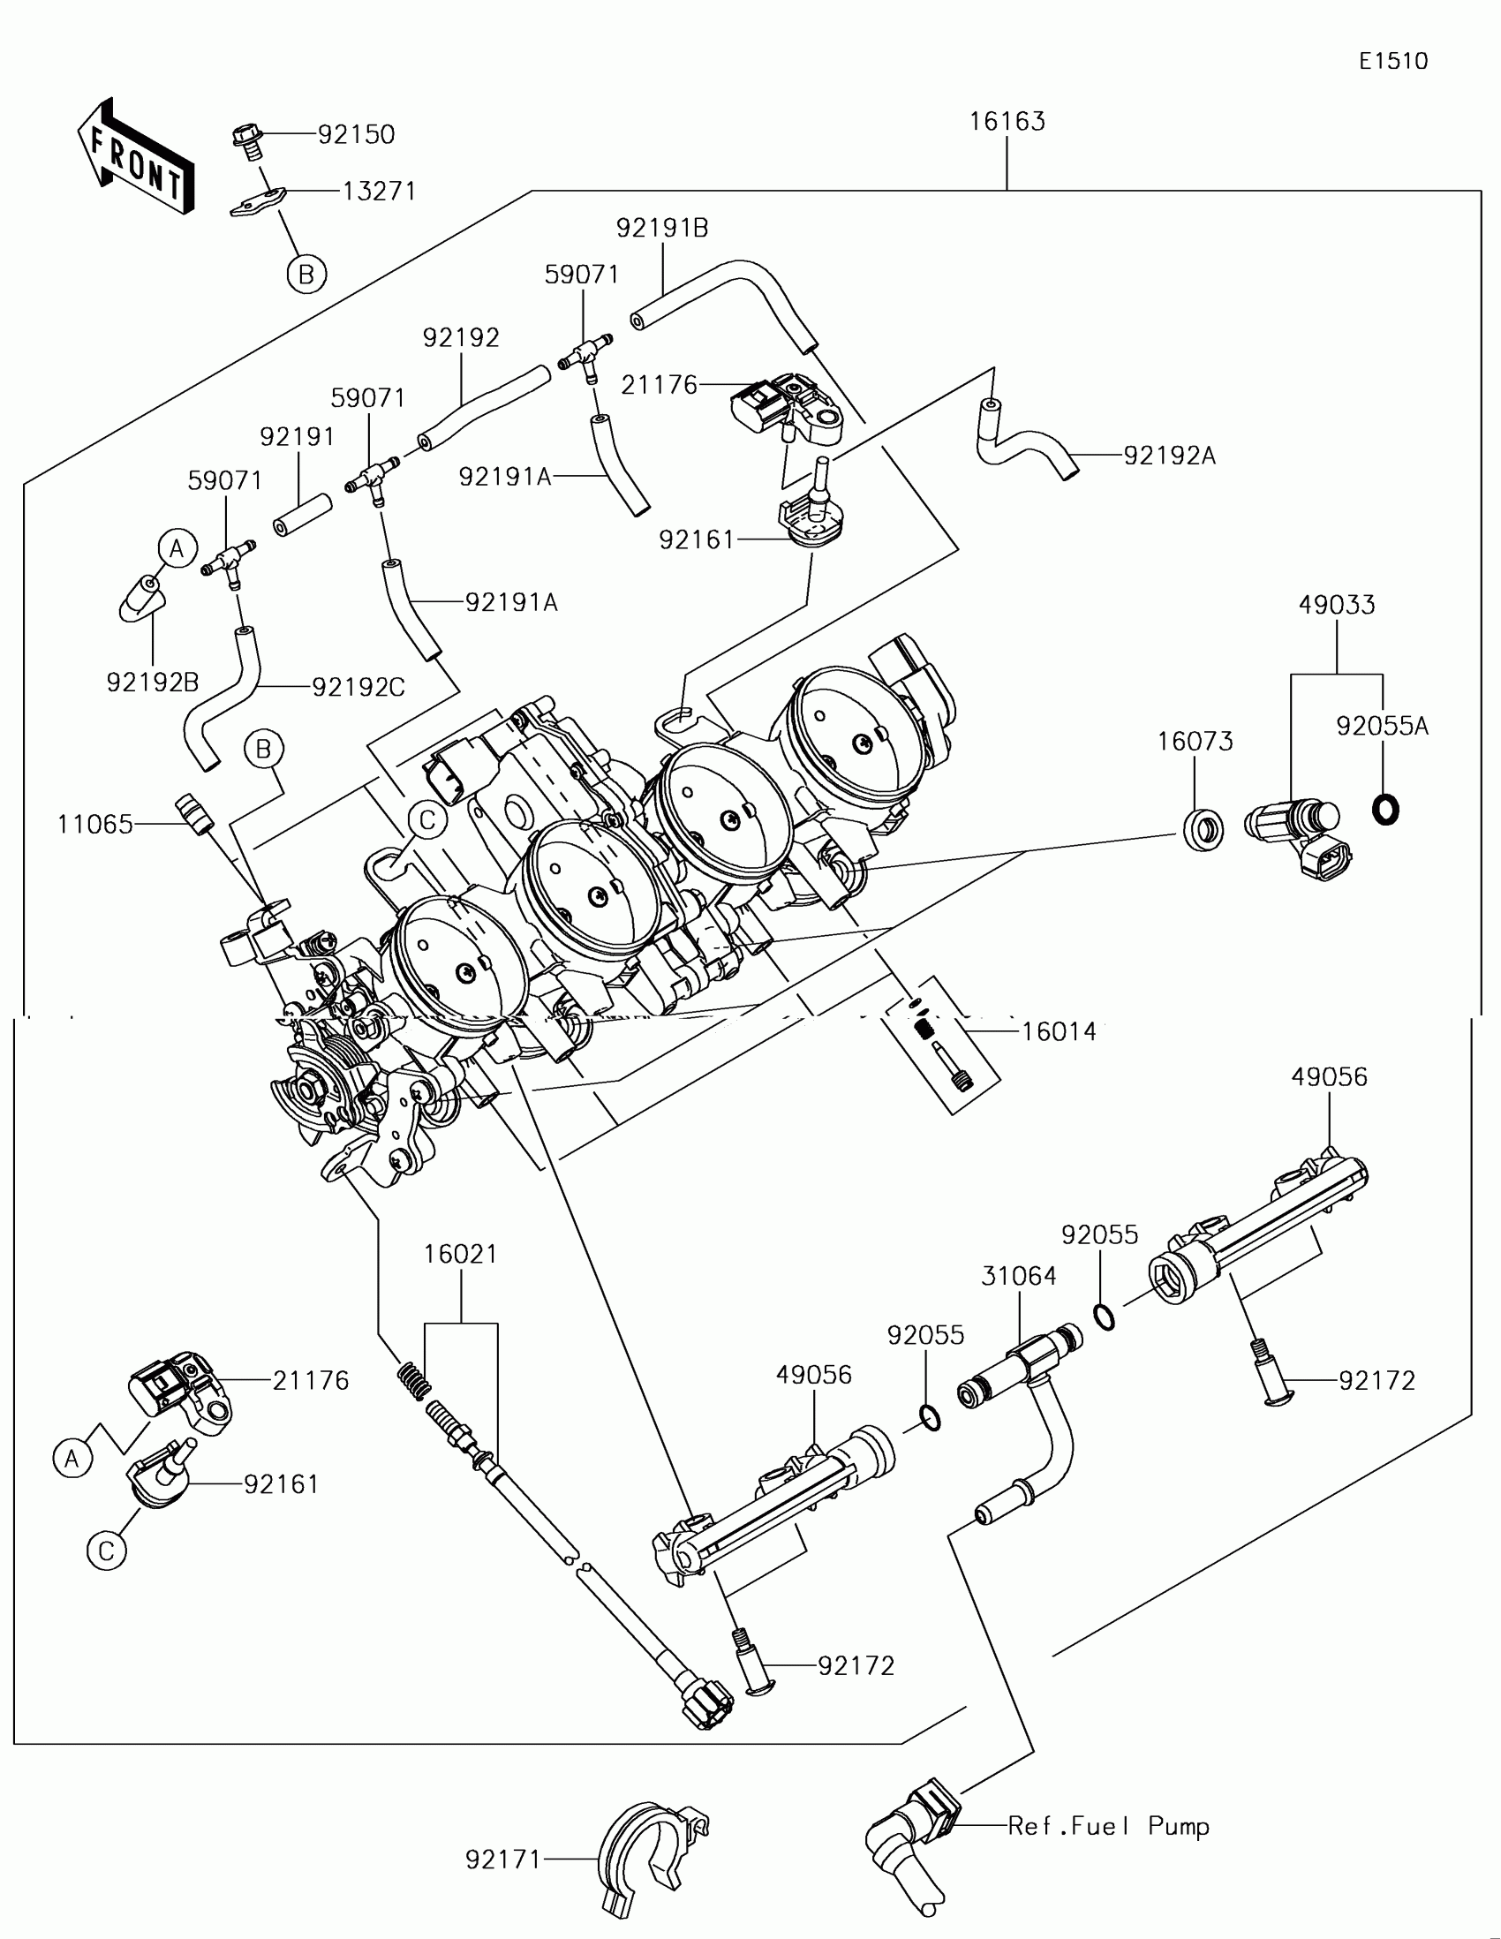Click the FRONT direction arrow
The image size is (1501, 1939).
[135, 155]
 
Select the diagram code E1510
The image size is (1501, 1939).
[1392, 61]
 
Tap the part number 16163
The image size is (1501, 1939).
[1007, 122]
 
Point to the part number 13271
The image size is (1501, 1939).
[379, 192]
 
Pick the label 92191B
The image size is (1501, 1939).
[662, 229]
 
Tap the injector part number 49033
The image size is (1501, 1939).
[1337, 606]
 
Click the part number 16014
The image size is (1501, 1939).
[1059, 1031]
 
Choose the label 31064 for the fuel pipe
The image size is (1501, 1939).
[1019, 1277]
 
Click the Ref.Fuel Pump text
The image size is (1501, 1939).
[1109, 1826]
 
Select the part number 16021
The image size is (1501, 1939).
[461, 1255]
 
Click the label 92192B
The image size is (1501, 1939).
[153, 683]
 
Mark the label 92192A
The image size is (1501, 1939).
[1169, 456]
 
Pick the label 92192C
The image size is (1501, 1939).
[358, 687]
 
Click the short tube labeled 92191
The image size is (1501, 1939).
[302, 516]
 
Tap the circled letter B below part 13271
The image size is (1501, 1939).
[306, 275]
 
